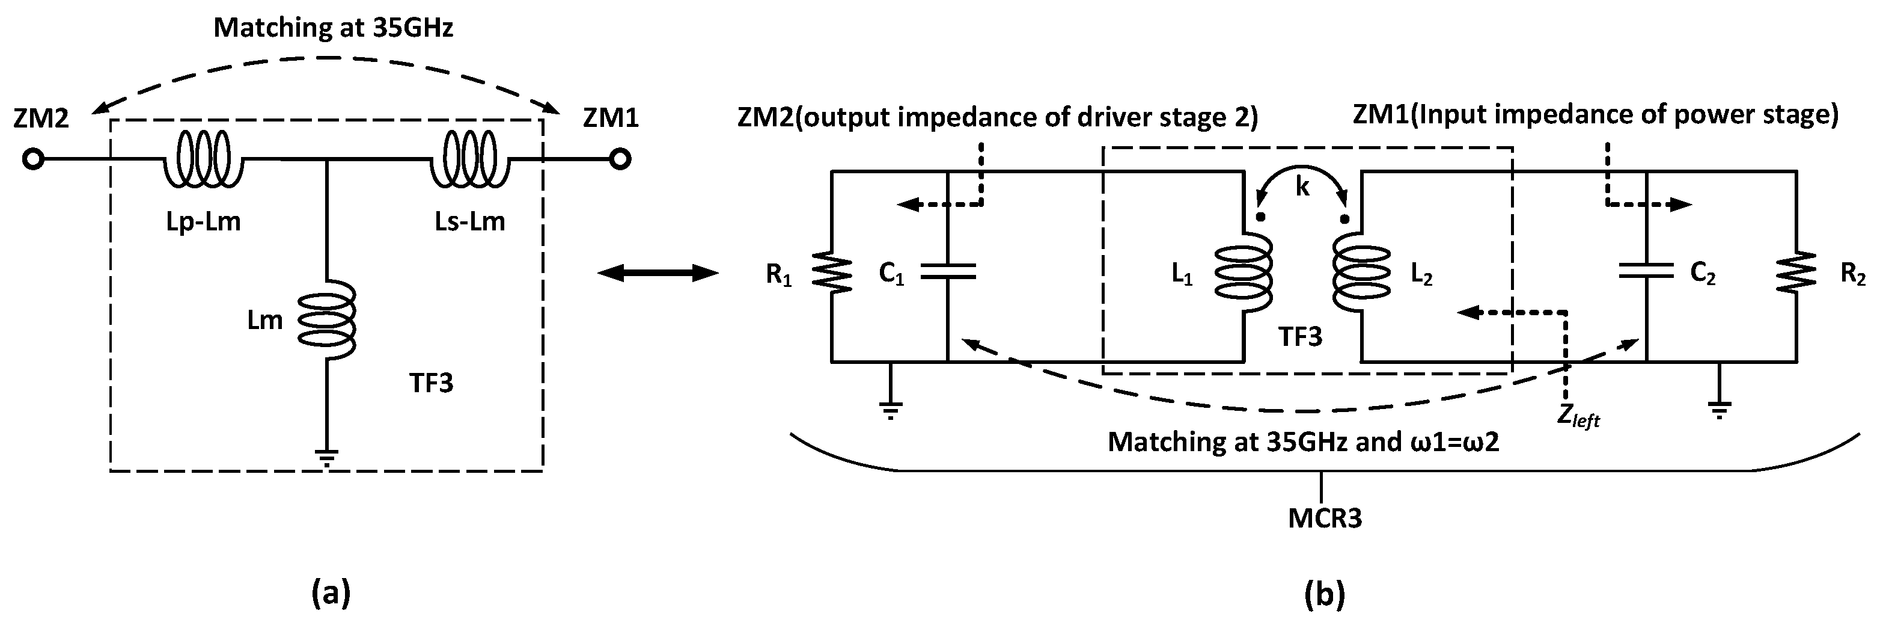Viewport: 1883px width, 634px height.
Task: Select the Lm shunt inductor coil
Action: click(x=327, y=319)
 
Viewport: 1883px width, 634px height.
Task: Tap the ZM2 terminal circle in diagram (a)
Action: click(x=33, y=159)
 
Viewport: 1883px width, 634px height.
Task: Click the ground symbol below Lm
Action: click(x=327, y=459)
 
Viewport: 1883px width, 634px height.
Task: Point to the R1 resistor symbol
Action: click(x=832, y=272)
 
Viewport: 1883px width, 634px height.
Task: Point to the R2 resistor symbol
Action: click(x=1796, y=272)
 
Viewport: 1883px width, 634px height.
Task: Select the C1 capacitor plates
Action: click(x=947, y=271)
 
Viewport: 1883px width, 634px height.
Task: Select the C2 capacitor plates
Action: click(x=1646, y=271)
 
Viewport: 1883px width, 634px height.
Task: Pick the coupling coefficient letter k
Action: click(x=1302, y=187)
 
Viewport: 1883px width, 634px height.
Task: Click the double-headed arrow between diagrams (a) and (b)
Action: click(x=658, y=274)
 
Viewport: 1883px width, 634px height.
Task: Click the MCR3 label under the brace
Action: click(x=1325, y=519)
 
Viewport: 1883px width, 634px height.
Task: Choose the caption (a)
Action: click(x=331, y=592)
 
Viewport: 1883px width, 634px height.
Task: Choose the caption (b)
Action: click(x=1325, y=592)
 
